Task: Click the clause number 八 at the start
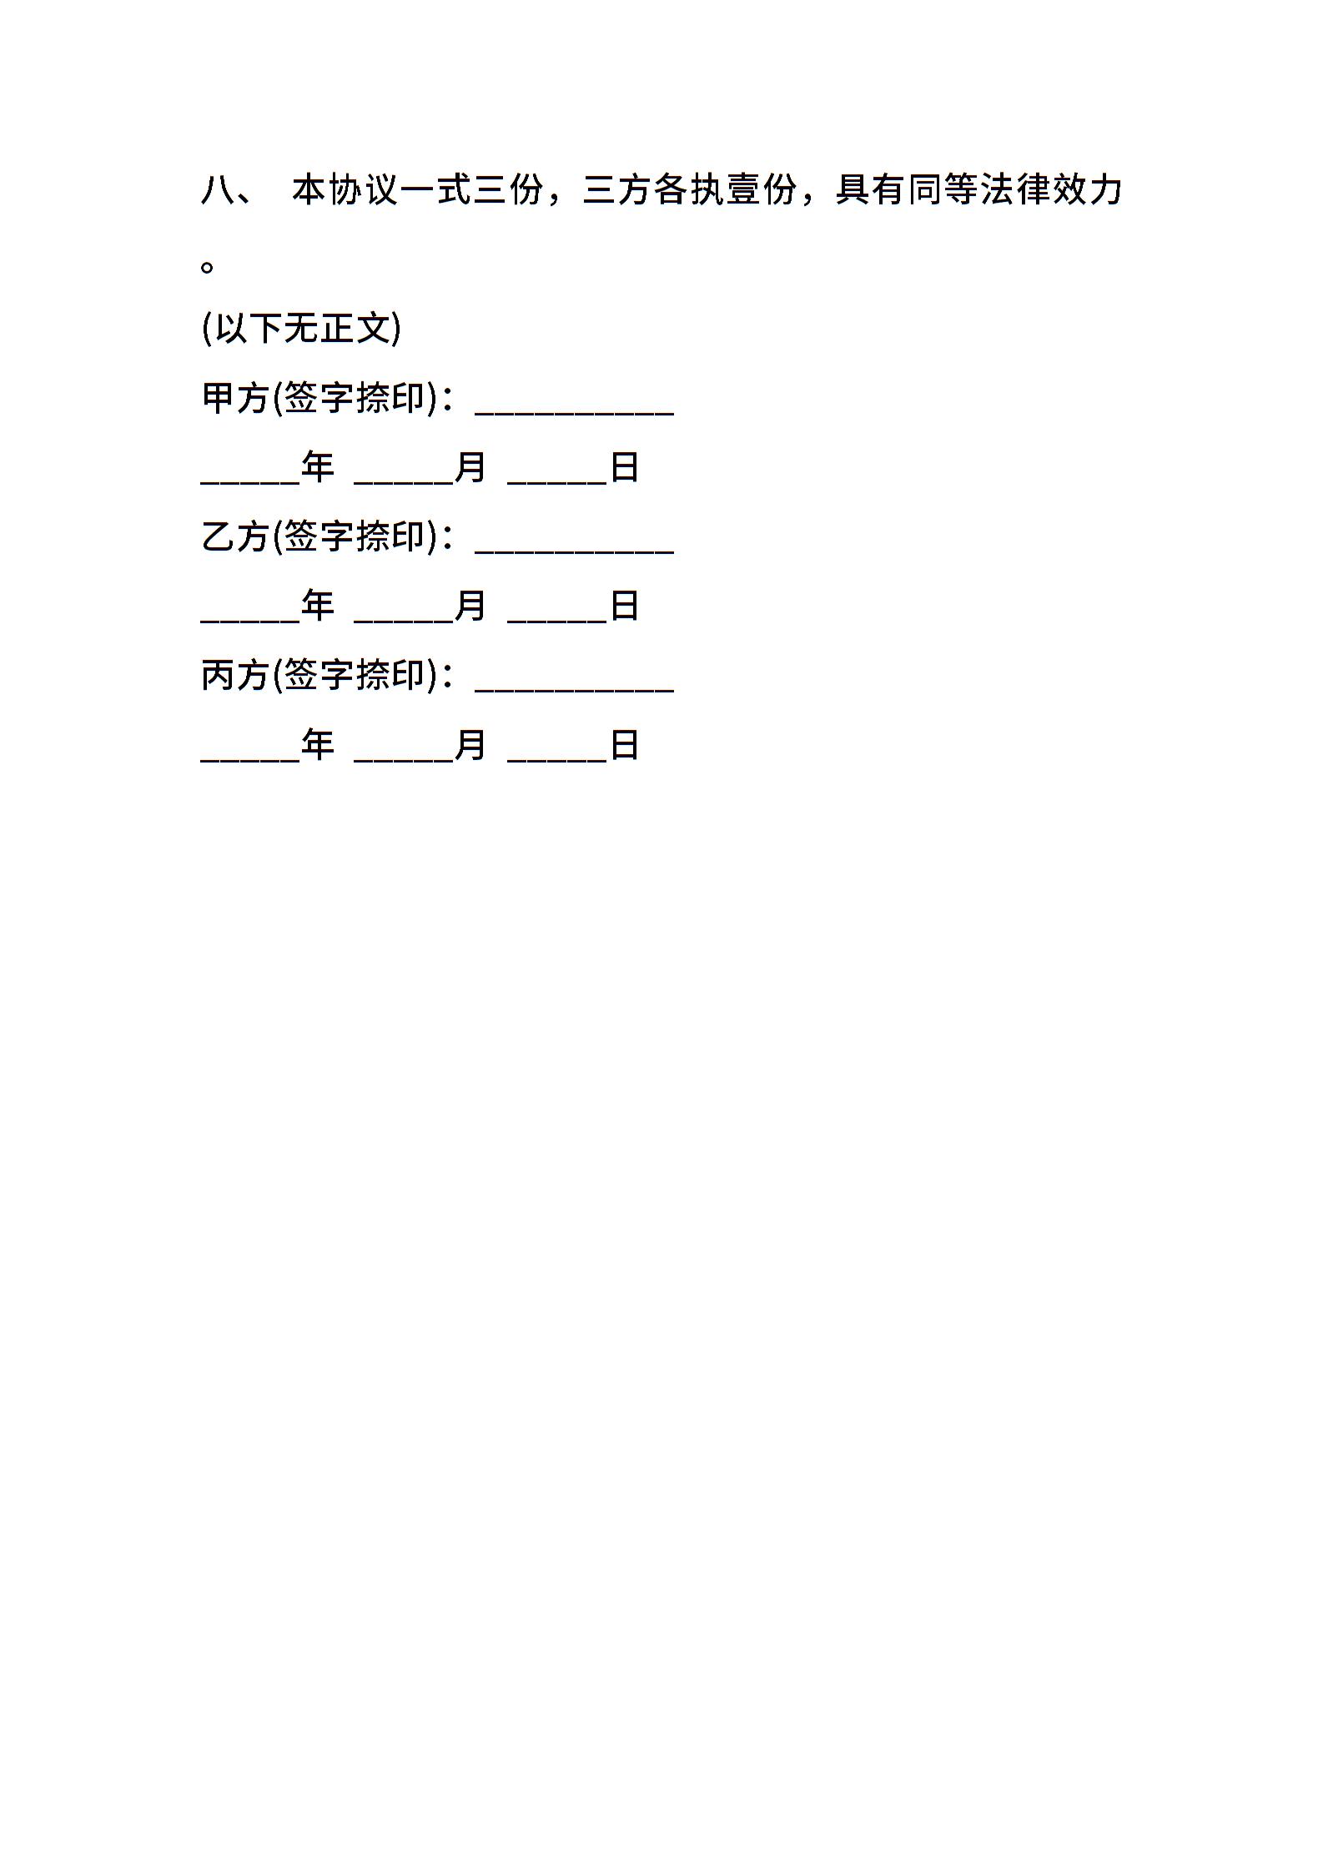[218, 190]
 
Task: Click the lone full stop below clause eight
[208, 267]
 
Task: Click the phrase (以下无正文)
[301, 328]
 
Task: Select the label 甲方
[235, 398]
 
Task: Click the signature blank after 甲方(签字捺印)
[574, 414]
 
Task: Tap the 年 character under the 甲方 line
[318, 467]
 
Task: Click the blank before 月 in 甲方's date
[404, 483]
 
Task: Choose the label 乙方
[235, 536]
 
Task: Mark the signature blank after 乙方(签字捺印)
[574, 552]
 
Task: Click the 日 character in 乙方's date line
[625, 606]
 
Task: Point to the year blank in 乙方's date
[251, 621]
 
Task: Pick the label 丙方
[235, 675]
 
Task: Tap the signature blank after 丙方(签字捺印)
[574, 691]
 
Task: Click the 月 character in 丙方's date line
[470, 744]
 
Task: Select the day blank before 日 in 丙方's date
[557, 760]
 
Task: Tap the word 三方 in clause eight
[617, 190]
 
